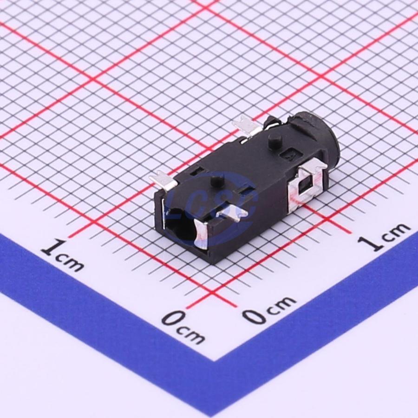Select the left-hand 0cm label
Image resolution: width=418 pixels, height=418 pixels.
click(183, 327)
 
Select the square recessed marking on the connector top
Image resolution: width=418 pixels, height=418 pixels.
click(289, 156)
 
